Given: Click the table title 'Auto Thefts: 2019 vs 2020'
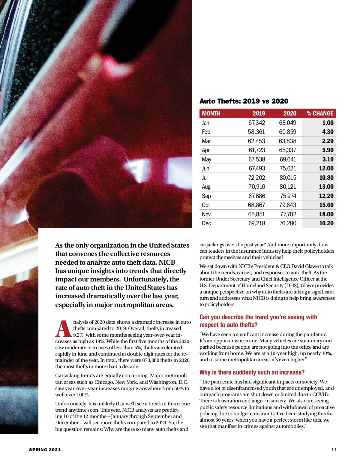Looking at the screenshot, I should [x=244, y=101].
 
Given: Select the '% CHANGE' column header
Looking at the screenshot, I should [x=320, y=113].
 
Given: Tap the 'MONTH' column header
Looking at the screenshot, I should [x=211, y=113].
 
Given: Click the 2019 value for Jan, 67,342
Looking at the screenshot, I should [x=256, y=123].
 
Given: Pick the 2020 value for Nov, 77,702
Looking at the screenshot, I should [x=288, y=214].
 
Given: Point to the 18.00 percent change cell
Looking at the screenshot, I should [x=326, y=214].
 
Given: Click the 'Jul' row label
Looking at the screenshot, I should [x=205, y=178].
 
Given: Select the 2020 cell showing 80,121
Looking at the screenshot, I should [x=288, y=187].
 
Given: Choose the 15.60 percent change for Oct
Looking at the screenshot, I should [x=326, y=205].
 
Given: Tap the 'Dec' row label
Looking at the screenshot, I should [x=206, y=223].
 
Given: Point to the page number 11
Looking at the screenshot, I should [x=334, y=449].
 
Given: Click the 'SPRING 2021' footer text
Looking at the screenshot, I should [x=45, y=449].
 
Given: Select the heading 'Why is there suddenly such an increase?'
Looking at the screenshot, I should [x=252, y=372].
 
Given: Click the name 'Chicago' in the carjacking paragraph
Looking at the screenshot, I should [x=103, y=382].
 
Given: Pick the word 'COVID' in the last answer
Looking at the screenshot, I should [x=320, y=394].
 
